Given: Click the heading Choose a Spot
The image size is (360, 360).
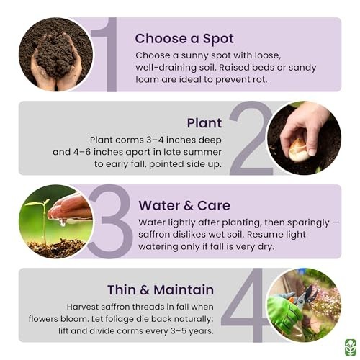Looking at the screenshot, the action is coord(184,39).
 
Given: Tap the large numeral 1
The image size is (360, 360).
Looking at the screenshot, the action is coord(107,55).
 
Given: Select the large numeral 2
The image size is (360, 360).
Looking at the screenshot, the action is coord(251,138).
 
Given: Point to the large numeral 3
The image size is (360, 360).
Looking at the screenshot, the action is coord(110,221).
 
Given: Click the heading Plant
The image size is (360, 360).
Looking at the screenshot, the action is coord(204,123).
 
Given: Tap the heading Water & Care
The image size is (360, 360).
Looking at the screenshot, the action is coord(184,206).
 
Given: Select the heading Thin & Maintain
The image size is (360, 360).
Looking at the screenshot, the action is coord(161,289).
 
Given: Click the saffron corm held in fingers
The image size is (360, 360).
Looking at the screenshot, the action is coord(298,150).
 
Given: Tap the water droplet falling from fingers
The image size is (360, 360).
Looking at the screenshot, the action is coord(63,223).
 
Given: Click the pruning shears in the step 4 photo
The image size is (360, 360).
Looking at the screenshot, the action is coord(303,297).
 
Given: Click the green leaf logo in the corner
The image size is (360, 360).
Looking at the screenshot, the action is coord(350,347).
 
